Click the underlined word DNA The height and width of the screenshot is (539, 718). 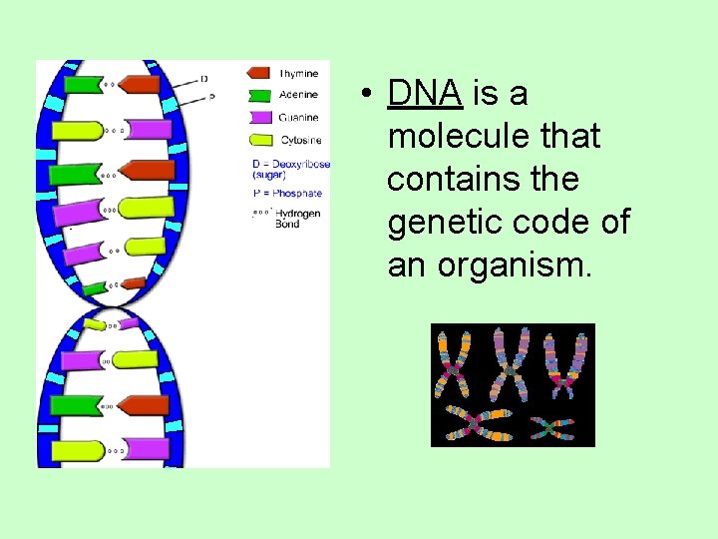[x=425, y=93]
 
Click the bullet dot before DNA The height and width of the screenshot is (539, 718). [x=368, y=95]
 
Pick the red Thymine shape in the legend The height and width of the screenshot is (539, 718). [x=258, y=73]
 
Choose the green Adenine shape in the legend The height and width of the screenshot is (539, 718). [x=258, y=95]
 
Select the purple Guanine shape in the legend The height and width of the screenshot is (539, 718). [x=258, y=118]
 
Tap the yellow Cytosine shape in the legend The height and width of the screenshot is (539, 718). [x=258, y=140]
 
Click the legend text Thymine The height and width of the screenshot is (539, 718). [x=299, y=73]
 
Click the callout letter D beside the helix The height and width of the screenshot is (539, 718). [x=204, y=78]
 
